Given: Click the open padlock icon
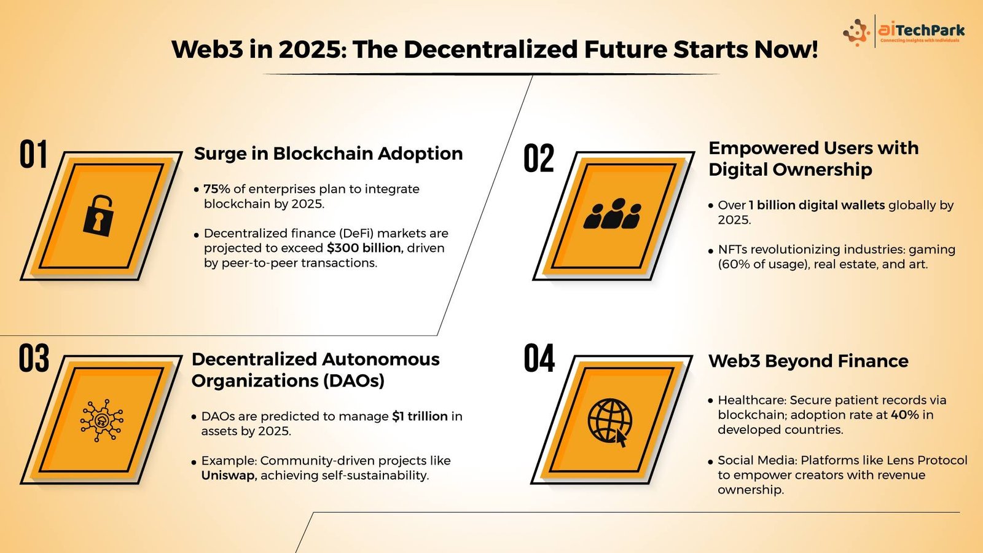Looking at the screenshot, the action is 98,216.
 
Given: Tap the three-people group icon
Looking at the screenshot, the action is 612,214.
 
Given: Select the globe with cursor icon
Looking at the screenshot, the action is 610,422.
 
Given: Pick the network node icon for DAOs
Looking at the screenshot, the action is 101,420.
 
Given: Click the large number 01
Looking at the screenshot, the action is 33,154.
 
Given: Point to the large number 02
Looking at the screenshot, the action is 539,157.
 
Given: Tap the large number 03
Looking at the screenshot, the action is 34,358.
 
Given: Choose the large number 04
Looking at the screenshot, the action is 539,358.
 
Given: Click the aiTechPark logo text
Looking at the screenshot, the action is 922,30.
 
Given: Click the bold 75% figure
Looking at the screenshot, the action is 217,189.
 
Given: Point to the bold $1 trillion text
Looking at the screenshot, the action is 420,416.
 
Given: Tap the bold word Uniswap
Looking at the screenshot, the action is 228,476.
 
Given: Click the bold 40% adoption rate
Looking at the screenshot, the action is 904,415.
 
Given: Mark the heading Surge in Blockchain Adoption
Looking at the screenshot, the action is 328,154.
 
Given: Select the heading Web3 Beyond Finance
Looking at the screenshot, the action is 809,361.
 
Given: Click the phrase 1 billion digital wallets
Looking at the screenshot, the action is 817,205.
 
